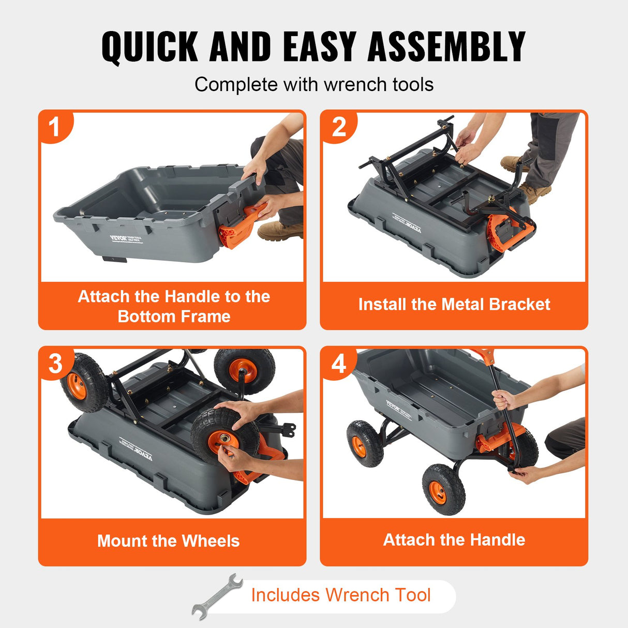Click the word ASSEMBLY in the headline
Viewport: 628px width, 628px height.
coord(446,47)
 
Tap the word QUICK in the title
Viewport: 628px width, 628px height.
coord(149,47)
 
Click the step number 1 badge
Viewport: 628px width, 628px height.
coord(55,127)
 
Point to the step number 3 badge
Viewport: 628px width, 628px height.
coord(55,364)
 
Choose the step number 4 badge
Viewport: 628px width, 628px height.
coord(338,364)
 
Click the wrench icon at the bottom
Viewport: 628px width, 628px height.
coord(217,596)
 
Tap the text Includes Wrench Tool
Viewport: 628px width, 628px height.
coord(340,595)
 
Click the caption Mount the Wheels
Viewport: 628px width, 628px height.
coord(169,541)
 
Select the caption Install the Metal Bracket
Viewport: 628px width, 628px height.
coord(454,304)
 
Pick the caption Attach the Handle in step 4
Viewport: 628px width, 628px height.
coord(454,540)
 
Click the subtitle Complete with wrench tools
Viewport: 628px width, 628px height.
coord(314,85)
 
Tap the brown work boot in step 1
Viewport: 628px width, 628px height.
coord(280,231)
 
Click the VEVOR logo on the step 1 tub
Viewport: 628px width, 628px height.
coord(118,238)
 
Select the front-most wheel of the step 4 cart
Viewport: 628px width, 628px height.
coord(443,490)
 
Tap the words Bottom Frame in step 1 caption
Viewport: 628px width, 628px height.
coord(174,316)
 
